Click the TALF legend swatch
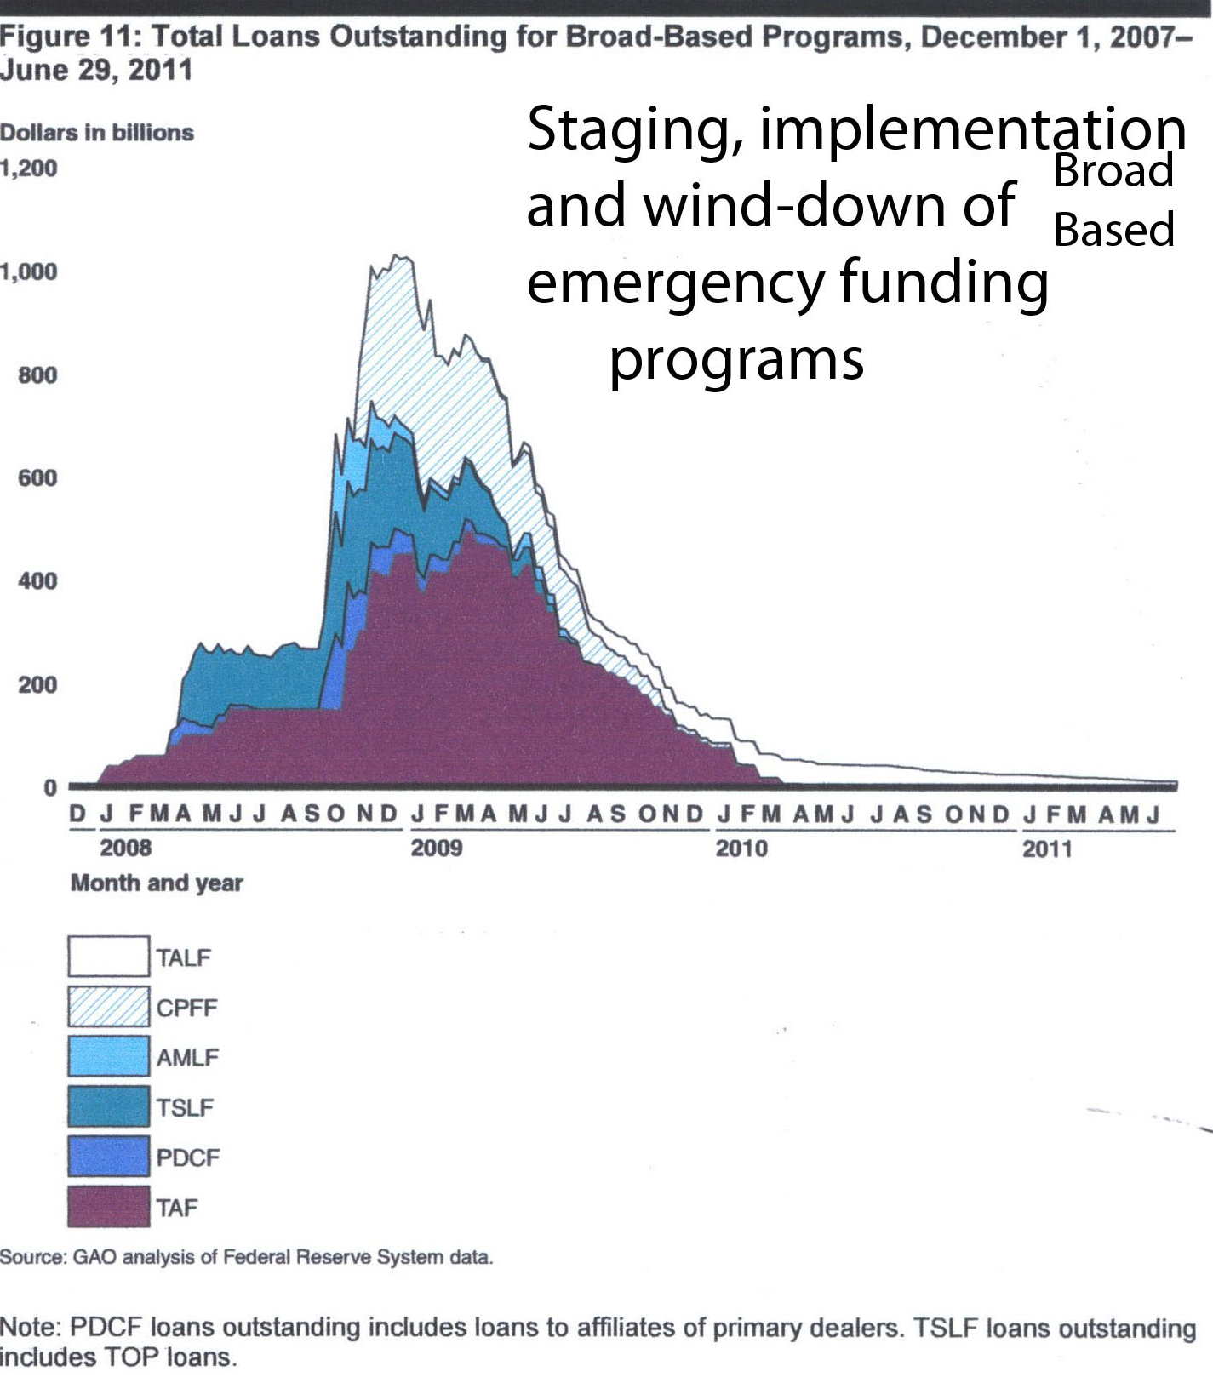click(108, 957)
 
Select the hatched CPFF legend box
click(108, 1007)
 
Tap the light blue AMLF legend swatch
click(108, 1057)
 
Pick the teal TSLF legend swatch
click(108, 1107)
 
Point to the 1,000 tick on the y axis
click(30, 271)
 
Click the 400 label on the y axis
click(37, 581)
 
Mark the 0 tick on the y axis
click(50, 788)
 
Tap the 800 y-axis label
click(37, 375)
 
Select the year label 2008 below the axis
click(125, 849)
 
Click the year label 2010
click(741, 849)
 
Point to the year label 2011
click(1047, 849)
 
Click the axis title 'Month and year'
click(157, 883)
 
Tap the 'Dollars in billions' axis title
click(97, 133)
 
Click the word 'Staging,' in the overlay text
click(635, 130)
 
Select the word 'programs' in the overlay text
click(736, 361)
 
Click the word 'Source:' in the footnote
click(32, 1257)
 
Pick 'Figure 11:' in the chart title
click(69, 37)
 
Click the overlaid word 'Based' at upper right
click(1114, 230)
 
